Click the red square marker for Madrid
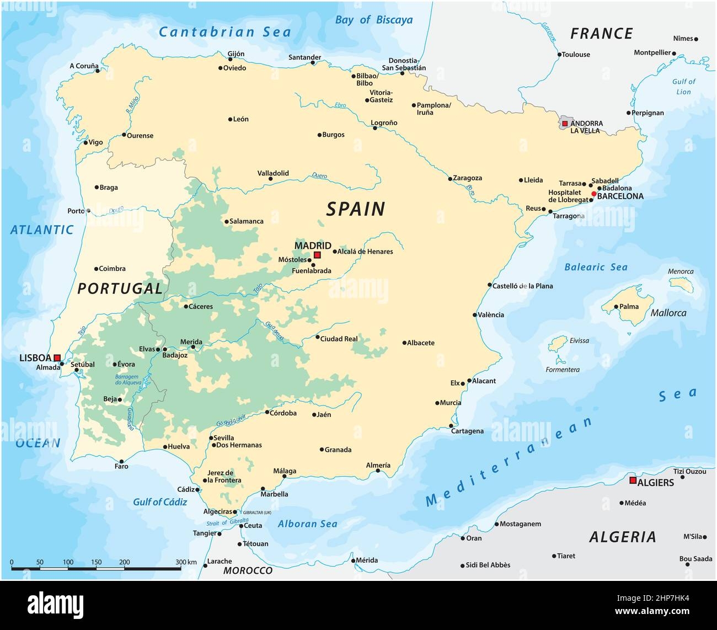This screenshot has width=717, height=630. (317, 255)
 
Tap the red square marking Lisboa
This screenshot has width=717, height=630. (57, 358)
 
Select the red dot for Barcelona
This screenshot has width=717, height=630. (593, 194)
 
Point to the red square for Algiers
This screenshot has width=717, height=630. (633, 480)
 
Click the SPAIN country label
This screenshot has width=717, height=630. (355, 209)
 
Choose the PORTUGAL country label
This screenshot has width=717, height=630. (120, 288)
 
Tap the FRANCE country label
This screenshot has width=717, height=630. (601, 34)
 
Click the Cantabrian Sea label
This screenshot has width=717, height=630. (224, 32)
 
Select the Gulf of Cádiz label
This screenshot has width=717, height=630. (160, 501)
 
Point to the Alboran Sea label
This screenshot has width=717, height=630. (307, 524)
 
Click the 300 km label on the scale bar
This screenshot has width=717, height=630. (186, 562)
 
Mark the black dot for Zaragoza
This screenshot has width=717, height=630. (450, 178)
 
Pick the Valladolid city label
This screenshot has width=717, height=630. (273, 173)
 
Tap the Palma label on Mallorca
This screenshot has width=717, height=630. (629, 307)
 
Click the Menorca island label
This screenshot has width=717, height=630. (681, 271)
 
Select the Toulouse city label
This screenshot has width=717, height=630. (576, 54)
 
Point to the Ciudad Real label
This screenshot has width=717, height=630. (339, 339)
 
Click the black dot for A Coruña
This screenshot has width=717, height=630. (98, 71)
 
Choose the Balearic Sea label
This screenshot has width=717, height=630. (596, 267)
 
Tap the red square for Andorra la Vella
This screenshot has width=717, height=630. (564, 124)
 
